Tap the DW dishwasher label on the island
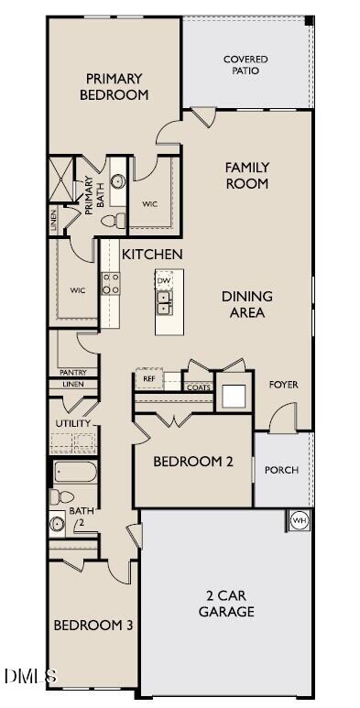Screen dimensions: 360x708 (163, 281)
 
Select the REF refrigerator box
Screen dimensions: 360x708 (149, 379)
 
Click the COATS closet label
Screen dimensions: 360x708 (199, 387)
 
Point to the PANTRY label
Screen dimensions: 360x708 (73, 373)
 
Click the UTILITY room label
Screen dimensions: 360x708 (73, 423)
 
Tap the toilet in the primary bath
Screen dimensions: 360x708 (114, 221)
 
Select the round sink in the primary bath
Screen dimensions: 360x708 (118, 181)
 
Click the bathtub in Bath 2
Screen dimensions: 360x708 (75, 472)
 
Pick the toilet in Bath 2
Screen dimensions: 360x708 (62, 497)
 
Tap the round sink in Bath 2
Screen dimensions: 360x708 (57, 524)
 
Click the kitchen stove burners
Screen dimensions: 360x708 (111, 284)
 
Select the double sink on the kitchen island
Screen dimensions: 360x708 (164, 302)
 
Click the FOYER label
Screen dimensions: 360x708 (284, 385)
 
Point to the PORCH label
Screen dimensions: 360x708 (282, 470)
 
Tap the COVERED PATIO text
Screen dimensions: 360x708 (245, 65)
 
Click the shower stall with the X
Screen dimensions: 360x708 (61, 179)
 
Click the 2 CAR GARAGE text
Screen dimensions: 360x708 (227, 604)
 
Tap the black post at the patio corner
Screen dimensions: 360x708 (310, 20)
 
